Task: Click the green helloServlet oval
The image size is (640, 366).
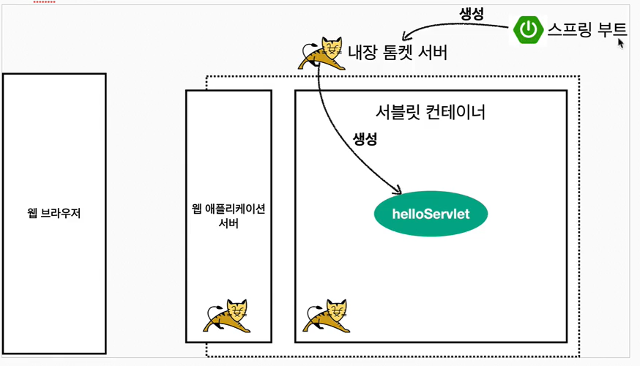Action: tap(431, 214)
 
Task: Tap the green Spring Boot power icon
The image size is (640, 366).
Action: tap(528, 30)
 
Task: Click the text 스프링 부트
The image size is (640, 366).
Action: tap(587, 30)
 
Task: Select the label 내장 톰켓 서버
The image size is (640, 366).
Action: tap(398, 53)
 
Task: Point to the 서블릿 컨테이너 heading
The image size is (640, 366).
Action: tap(430, 113)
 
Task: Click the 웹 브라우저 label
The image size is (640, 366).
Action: tap(53, 214)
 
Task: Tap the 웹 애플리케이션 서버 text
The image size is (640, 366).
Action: tap(228, 216)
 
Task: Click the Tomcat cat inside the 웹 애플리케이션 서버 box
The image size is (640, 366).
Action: tap(226, 315)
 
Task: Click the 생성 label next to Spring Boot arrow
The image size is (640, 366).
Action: tap(472, 13)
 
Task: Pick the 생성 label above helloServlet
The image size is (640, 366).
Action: tap(365, 139)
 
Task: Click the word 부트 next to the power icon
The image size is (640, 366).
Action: tap(610, 30)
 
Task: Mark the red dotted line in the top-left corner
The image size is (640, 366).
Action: tap(44, 1)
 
